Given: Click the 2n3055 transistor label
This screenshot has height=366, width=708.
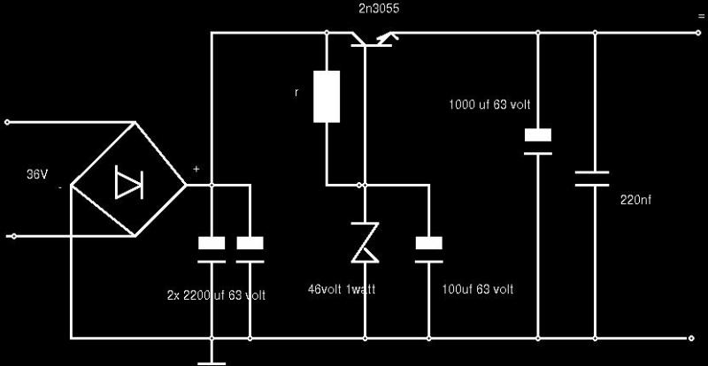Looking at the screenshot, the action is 379,9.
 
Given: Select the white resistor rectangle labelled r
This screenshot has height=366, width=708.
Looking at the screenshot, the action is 327,96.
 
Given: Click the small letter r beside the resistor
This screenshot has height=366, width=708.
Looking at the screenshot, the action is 296,93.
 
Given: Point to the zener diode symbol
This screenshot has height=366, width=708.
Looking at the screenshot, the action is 365,242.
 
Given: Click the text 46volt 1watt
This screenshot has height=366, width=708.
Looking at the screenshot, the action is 342,289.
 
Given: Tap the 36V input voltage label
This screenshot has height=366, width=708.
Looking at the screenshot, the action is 37,175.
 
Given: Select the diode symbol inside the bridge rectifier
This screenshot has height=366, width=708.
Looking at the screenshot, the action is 128,182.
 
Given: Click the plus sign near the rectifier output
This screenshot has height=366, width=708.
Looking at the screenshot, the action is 196,169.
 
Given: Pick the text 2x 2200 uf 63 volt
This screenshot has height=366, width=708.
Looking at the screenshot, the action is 216,295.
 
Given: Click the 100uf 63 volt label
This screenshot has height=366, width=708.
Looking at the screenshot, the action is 478,289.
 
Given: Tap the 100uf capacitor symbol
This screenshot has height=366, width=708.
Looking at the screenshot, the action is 429,249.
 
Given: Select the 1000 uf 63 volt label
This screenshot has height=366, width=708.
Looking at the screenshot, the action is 489,105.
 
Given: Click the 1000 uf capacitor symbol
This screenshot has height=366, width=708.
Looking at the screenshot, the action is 538,141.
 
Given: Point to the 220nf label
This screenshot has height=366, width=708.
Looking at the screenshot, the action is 635,201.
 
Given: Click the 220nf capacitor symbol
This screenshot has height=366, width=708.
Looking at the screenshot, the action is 592,179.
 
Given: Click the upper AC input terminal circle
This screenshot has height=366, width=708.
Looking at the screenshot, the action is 7,122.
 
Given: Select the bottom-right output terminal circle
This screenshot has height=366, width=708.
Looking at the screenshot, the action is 690,338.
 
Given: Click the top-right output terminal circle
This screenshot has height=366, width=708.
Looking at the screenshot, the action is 698,33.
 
